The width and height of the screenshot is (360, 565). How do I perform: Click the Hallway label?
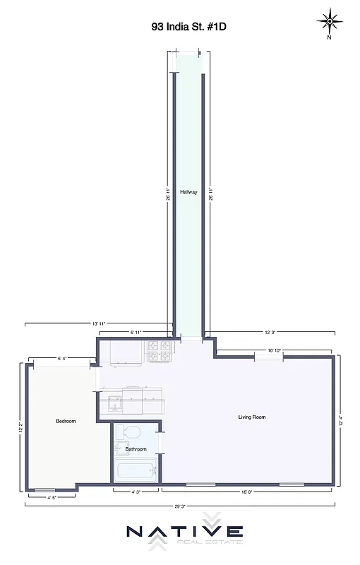(x=188, y=192)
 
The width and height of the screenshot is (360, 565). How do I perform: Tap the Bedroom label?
(x=66, y=421)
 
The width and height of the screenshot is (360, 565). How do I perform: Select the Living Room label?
(x=251, y=417)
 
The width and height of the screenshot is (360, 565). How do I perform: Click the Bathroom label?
(x=136, y=449)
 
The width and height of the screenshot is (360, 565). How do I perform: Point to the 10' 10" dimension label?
(x=275, y=350)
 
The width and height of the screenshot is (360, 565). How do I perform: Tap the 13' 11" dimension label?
(x=98, y=323)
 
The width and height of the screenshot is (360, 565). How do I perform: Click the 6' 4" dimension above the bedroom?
(x=62, y=358)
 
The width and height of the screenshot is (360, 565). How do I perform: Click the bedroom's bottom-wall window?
(x=44, y=489)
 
